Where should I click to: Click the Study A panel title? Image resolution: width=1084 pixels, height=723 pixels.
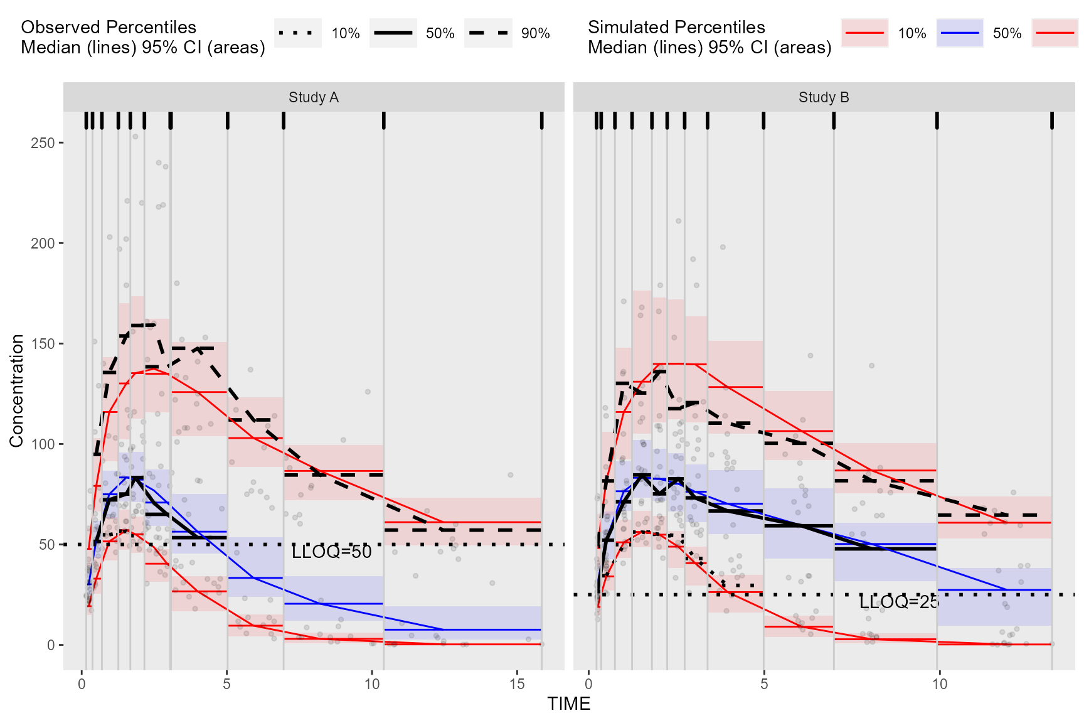click(314, 97)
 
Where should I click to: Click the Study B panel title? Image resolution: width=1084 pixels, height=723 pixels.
click(824, 97)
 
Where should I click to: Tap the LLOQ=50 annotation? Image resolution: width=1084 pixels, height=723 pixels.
click(332, 552)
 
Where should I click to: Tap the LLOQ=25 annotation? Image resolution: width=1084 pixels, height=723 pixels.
click(899, 602)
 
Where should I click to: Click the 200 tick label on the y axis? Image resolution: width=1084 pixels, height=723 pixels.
click(43, 244)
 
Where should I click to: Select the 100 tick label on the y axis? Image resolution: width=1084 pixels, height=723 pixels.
click(43, 444)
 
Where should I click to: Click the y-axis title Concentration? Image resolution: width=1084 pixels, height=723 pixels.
click(17, 390)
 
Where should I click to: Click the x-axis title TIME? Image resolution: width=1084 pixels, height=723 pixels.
click(568, 704)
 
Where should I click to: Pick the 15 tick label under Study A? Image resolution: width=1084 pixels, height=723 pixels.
click(517, 684)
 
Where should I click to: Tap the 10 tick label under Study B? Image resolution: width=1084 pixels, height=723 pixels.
click(939, 684)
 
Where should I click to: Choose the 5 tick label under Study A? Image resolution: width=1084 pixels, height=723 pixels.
click(226, 684)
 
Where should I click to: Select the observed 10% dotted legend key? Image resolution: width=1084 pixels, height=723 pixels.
click(298, 33)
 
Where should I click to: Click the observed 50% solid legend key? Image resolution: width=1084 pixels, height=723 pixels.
click(393, 33)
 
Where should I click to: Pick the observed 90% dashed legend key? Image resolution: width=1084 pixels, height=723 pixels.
click(488, 33)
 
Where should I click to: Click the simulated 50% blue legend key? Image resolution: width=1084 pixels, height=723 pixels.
click(960, 33)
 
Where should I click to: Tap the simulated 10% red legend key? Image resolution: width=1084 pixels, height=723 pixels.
click(864, 33)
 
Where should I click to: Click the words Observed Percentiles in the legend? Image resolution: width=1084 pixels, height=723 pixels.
click(109, 27)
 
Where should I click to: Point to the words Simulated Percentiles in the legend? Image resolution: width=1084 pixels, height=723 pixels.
click(676, 27)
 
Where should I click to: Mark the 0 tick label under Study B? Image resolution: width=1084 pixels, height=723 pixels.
click(588, 684)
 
